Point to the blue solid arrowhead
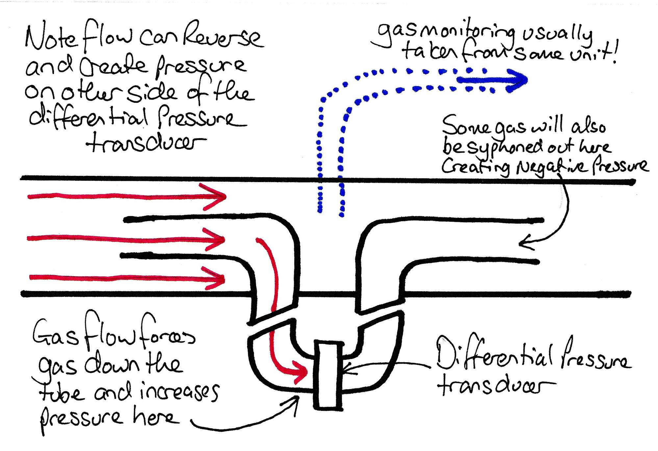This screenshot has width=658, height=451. (x=517, y=80)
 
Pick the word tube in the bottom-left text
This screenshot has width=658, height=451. (x=61, y=393)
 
